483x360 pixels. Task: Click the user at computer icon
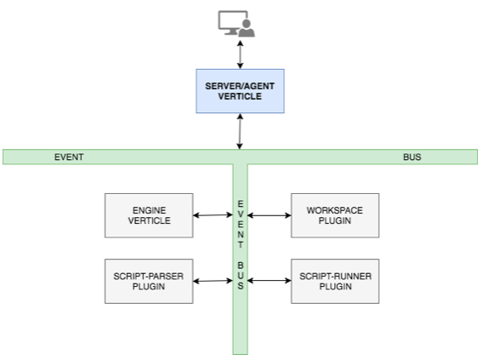click(236, 23)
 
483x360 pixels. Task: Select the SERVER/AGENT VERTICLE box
click(241, 91)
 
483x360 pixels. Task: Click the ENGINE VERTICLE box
click(149, 215)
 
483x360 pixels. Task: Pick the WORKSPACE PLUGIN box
click(334, 215)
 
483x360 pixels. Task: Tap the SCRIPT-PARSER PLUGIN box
click(149, 281)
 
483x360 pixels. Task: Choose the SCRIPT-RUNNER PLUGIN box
click(334, 281)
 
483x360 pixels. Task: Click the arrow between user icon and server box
click(241, 54)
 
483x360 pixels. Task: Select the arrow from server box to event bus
click(241, 131)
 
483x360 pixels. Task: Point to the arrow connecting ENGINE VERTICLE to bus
click(213, 215)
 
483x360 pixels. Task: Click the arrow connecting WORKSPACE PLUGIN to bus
click(269, 215)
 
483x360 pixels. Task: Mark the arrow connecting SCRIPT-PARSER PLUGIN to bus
click(213, 280)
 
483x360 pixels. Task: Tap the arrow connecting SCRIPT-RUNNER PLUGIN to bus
click(269, 280)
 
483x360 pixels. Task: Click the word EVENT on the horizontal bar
click(69, 157)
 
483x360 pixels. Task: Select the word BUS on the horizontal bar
click(412, 157)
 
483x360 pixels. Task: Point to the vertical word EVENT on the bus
click(241, 221)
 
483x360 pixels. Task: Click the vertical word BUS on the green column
click(241, 277)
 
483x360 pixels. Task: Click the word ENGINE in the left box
click(149, 209)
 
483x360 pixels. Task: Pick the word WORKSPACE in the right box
click(334, 209)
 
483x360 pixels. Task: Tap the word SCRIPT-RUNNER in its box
click(334, 276)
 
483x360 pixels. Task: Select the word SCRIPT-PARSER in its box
click(149, 276)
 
